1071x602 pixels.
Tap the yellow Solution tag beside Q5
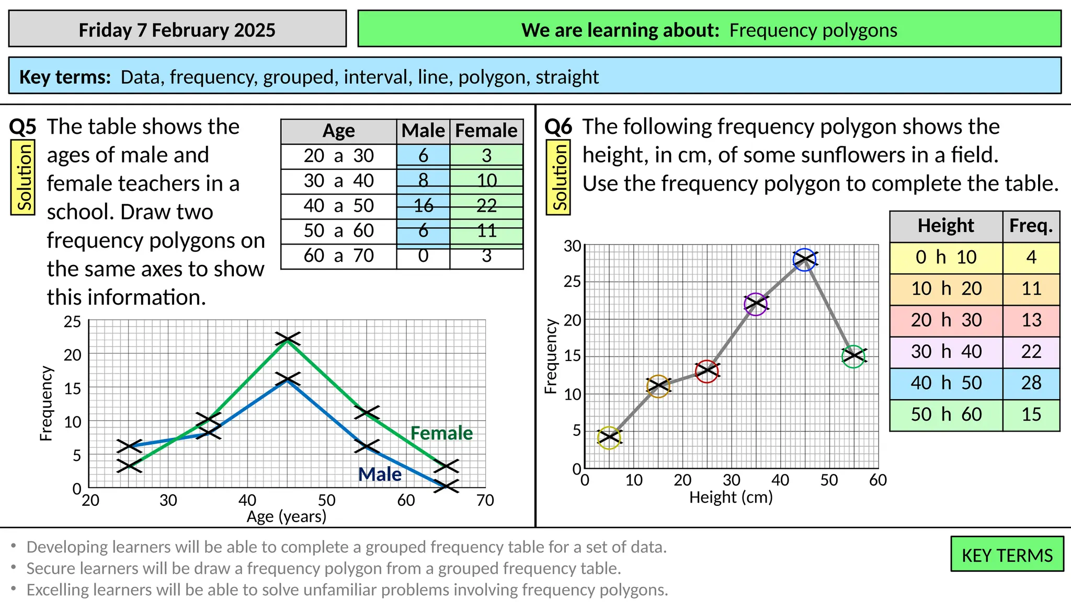coord(23,178)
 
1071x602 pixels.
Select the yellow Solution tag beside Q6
coord(558,178)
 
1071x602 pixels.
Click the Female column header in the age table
coord(486,131)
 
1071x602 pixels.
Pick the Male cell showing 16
coord(423,206)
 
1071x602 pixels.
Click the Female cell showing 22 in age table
coord(486,206)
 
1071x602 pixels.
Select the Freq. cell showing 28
coord(1031,383)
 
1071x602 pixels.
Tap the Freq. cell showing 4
coord(1031,257)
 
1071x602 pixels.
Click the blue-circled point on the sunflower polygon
coord(804,260)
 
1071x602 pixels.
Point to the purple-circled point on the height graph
coord(756,304)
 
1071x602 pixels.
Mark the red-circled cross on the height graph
coord(707,371)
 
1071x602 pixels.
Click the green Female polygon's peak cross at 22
coord(287,339)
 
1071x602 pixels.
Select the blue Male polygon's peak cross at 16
coord(287,379)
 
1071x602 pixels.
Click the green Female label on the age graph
coord(441,433)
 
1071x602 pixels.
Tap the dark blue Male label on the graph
coord(380,474)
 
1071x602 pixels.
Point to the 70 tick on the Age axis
coord(485,501)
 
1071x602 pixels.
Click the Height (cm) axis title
coord(731,497)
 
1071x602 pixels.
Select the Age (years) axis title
coord(287,517)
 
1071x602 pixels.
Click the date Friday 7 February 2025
coord(177,30)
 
